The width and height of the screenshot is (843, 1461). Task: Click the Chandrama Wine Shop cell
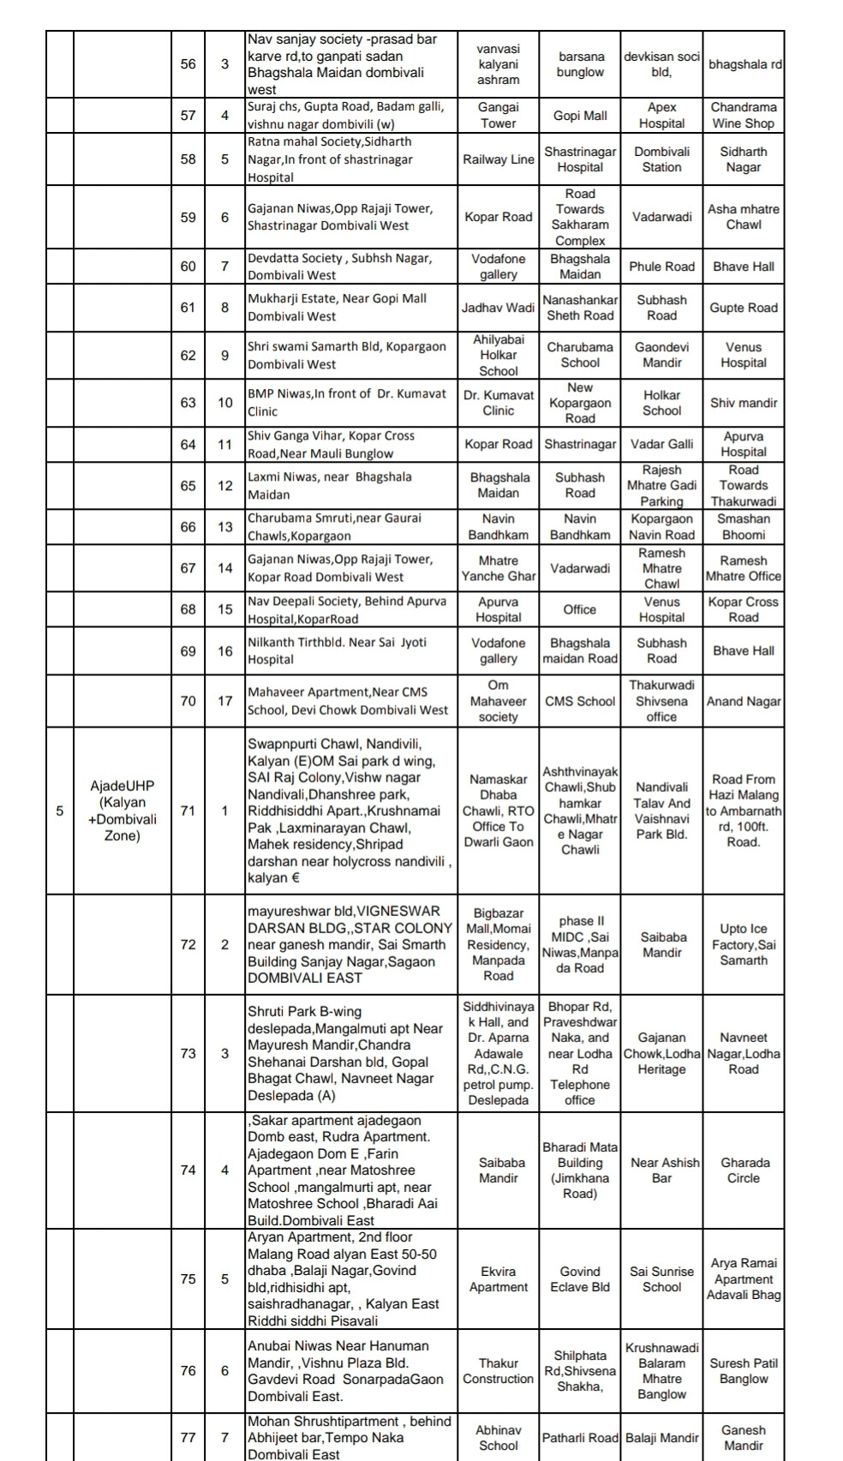(743, 115)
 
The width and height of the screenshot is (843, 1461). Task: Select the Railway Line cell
(498, 159)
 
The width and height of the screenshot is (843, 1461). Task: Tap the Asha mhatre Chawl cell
(743, 217)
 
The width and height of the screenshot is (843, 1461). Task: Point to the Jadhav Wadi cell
(498, 308)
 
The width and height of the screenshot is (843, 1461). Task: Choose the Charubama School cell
(580, 355)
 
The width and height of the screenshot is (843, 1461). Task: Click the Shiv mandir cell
(743, 403)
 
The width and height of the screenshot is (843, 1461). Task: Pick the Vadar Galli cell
(661, 444)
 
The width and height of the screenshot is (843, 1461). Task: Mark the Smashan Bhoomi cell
(743, 526)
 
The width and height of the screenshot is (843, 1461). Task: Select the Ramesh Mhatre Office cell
(743, 568)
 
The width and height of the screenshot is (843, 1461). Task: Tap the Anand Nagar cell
(743, 701)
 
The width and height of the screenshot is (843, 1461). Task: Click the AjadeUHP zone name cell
(122, 810)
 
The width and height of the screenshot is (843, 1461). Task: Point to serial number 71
(188, 810)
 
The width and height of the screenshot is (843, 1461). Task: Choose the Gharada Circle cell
(743, 1170)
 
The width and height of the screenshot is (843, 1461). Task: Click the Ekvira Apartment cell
(498, 1278)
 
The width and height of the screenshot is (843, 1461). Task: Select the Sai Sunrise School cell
(661, 1278)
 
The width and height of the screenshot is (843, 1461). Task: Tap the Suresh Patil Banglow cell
(743, 1370)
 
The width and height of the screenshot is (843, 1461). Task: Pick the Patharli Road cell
(580, 1437)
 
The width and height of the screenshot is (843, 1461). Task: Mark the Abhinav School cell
(498, 1437)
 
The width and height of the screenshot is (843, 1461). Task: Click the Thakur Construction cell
(498, 1370)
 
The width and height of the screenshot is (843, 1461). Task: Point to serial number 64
(188, 444)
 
